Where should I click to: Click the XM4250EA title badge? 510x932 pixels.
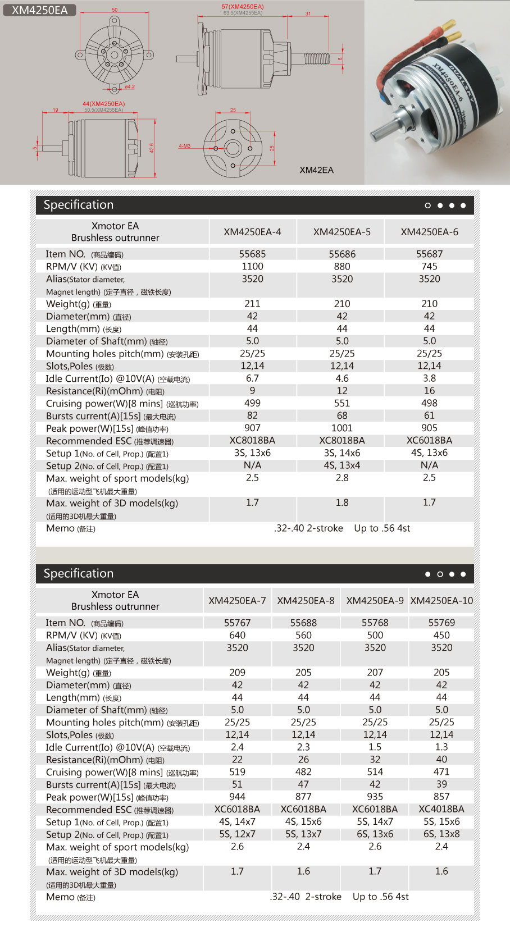(39, 10)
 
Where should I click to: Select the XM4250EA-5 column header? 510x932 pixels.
(341, 232)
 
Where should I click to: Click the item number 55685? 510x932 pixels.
(252, 254)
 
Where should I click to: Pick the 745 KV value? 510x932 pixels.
(429, 266)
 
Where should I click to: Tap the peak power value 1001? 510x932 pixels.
(341, 428)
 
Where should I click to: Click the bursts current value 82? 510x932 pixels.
(252, 415)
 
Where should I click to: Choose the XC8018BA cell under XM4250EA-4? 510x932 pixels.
(252, 440)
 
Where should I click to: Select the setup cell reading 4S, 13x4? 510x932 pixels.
(341, 465)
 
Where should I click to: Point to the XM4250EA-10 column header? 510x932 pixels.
(441, 601)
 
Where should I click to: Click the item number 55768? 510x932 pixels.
(375, 623)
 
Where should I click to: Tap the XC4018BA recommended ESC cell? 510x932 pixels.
(441, 809)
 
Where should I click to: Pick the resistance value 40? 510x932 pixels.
(441, 760)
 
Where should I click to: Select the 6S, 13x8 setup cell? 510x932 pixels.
(441, 834)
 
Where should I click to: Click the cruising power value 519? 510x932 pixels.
(237, 772)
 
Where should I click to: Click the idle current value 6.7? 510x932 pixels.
(252, 378)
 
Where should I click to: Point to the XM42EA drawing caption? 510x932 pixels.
(316, 170)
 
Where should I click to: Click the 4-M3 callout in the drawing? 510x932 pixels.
(185, 146)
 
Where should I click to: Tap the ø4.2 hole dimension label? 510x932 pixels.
(130, 87)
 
